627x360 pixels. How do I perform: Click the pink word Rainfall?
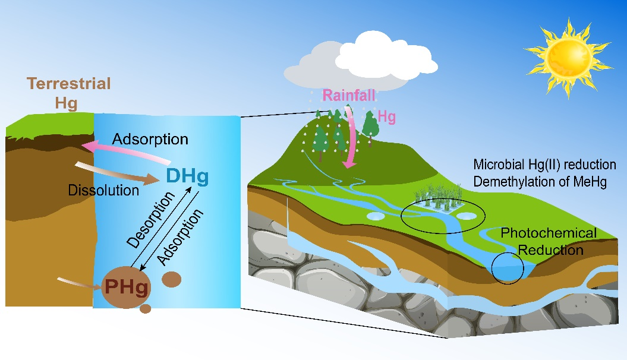coord(349,96)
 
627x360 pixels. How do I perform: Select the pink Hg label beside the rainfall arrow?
coord(387,118)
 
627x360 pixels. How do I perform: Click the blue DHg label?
coord(188,176)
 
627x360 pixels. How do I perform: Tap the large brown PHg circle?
coord(127,288)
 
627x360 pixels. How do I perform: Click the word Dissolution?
coord(103,191)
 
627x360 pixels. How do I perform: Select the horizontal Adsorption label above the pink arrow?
coord(150,140)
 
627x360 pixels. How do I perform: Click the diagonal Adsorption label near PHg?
coord(181,236)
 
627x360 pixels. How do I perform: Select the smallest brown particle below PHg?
coord(145,309)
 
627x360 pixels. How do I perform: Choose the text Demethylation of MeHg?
coord(540,182)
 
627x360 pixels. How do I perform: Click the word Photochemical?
coord(548,233)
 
